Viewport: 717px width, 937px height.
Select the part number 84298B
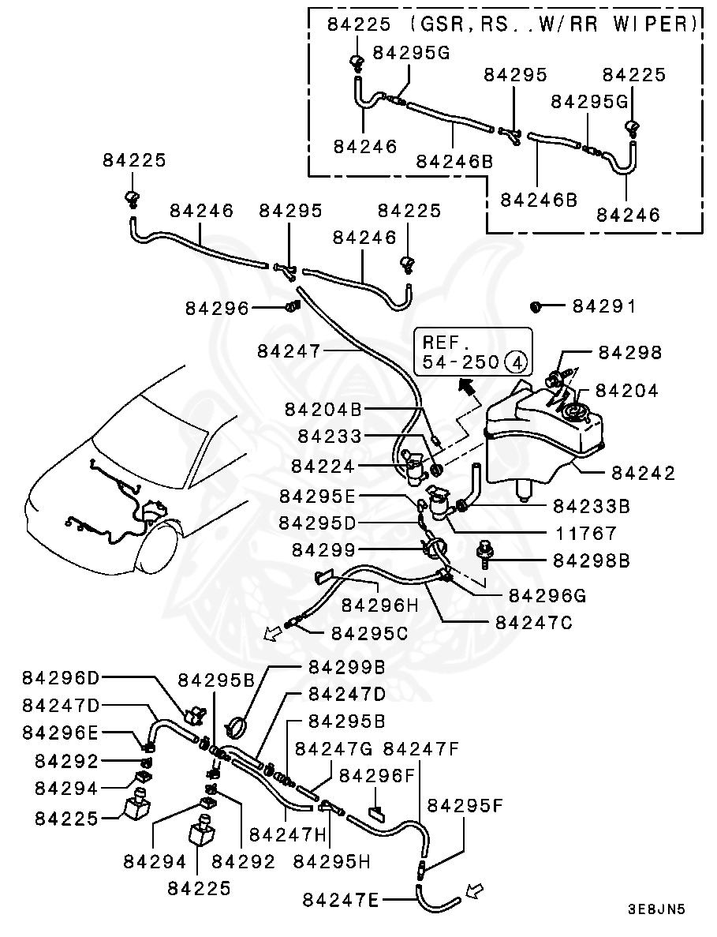591,560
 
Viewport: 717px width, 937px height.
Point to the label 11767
584,533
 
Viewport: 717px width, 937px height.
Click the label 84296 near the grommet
217,309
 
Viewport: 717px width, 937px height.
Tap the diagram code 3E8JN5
656,909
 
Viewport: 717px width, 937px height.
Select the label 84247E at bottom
341,898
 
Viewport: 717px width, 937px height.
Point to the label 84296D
62,677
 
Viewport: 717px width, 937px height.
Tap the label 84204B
323,409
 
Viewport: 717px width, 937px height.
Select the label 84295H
331,861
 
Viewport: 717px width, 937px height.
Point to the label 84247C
534,622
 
